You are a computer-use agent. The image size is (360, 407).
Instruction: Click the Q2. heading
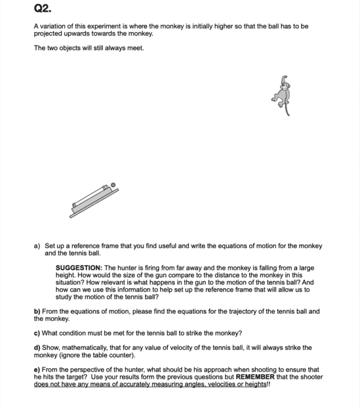[43, 9]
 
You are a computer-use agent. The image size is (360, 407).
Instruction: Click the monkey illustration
[281, 95]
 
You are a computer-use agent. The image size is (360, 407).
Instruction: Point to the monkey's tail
[287, 109]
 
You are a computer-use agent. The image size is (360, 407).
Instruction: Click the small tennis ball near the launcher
[113, 185]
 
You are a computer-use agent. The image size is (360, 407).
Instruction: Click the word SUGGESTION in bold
[79, 268]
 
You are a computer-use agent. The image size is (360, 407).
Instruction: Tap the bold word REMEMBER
[255, 377]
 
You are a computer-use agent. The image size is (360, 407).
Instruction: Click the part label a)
[37, 246]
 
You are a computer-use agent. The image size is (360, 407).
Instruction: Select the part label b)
[37, 311]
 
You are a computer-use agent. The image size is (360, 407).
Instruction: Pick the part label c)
[37, 333]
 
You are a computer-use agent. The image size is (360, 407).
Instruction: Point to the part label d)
[37, 347]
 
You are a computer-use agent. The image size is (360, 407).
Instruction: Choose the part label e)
[37, 370]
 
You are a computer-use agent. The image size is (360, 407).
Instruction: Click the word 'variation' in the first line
[52, 26]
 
